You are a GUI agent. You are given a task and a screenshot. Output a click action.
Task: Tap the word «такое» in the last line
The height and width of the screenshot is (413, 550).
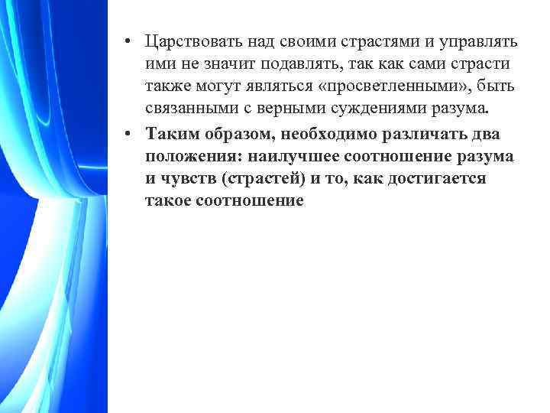[x=165, y=202]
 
